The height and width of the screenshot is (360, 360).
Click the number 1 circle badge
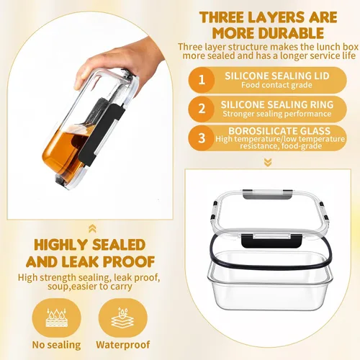pyautogui.click(x=202, y=80)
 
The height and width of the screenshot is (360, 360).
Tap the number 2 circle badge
pyautogui.click(x=202, y=109)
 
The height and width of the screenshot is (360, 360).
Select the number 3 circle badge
pyautogui.click(x=202, y=138)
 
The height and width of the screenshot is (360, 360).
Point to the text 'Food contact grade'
pyautogui.click(x=276, y=85)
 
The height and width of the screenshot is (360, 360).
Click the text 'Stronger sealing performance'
pyautogui.click(x=277, y=114)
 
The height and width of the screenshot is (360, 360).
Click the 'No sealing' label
pyautogui.click(x=56, y=345)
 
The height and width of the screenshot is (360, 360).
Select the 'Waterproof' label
pyautogui.click(x=123, y=345)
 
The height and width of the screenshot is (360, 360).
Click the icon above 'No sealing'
pyautogui.click(x=57, y=318)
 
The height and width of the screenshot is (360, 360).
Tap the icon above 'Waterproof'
pyautogui.click(x=122, y=318)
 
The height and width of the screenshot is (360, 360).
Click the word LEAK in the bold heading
pyautogui.click(x=81, y=261)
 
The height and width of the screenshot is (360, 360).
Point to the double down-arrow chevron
pyautogui.click(x=268, y=163)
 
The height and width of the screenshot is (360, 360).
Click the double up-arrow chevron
pyautogui.click(x=92, y=228)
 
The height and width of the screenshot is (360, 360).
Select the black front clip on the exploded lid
pyautogui.click(x=271, y=241)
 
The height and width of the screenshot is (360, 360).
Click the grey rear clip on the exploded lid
pyautogui.click(x=267, y=194)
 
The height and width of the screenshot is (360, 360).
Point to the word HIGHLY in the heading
pyautogui.click(x=60, y=245)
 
